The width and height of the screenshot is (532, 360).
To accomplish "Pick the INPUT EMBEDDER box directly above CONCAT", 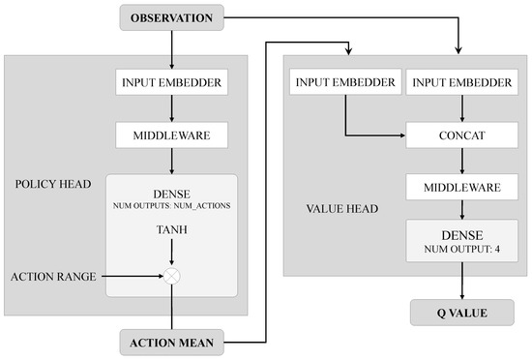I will [458, 82].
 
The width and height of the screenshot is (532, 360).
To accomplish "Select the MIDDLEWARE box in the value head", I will [458, 183].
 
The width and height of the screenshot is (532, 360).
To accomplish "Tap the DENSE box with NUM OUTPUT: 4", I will [458, 239].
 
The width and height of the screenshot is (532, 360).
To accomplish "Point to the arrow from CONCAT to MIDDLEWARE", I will [458, 161].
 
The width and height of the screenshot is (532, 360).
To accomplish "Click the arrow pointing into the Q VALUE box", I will [458, 285].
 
